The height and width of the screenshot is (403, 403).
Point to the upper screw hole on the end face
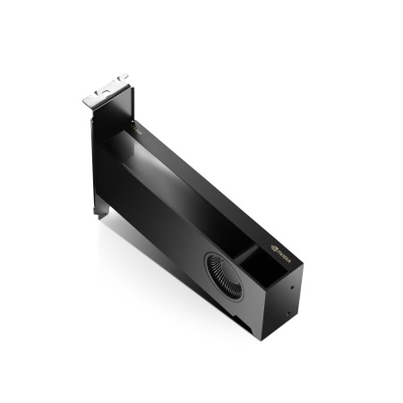[x=293, y=287]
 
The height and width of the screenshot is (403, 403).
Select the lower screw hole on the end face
[x=289, y=315]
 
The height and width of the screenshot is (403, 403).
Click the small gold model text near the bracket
[x=139, y=132]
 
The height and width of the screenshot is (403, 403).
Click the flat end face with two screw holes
[x=287, y=304]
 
